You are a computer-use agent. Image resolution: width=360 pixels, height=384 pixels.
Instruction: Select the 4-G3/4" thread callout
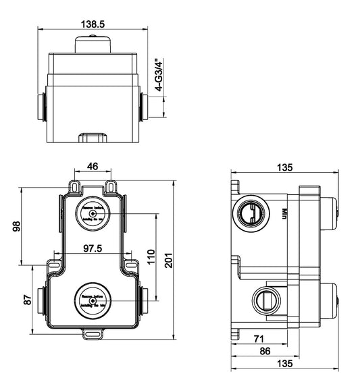pyautogui.click(x=159, y=75)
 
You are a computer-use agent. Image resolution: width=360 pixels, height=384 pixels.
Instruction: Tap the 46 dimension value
pyautogui.click(x=93, y=165)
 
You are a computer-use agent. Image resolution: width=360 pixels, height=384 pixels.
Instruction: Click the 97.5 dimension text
pyautogui.click(x=93, y=248)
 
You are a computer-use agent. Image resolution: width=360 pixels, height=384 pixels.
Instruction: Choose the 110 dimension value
pyautogui.click(x=152, y=256)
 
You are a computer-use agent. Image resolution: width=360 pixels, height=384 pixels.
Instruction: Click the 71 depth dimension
pyautogui.click(x=257, y=339)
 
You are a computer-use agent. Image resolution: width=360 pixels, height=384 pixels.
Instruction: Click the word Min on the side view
pyautogui.click(x=286, y=213)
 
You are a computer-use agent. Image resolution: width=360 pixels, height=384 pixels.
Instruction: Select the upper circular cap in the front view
pyautogui.click(x=93, y=213)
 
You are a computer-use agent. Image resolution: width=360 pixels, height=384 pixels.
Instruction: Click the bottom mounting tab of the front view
pyautogui.click(x=93, y=332)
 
